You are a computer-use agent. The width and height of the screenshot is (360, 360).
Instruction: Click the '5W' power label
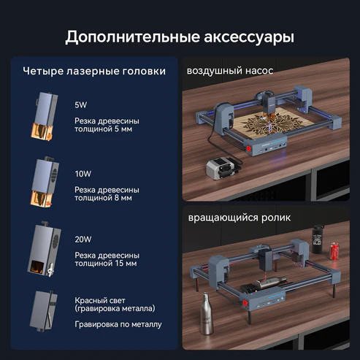pyautogui.click(x=80, y=105)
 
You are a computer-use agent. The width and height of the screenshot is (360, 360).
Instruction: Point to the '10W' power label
pyautogui.click(x=83, y=174)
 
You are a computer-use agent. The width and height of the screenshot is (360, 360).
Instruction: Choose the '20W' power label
pyautogui.click(x=83, y=239)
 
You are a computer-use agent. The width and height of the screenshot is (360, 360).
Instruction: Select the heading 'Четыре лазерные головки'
pyautogui.click(x=93, y=72)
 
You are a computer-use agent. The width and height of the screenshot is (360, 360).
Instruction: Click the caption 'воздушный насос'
pyautogui.click(x=230, y=71)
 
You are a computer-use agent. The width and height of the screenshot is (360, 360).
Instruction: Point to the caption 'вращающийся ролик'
pyautogui.click(x=238, y=218)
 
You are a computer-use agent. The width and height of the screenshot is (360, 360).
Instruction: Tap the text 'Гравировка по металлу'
pyautogui.click(x=118, y=324)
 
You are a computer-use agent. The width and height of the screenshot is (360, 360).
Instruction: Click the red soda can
pyautogui.click(x=334, y=251)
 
